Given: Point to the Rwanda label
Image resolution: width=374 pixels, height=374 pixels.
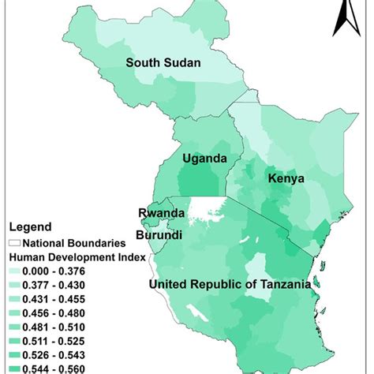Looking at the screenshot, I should point(162,213).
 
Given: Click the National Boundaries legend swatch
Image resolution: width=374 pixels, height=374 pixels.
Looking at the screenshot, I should point(13,242).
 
